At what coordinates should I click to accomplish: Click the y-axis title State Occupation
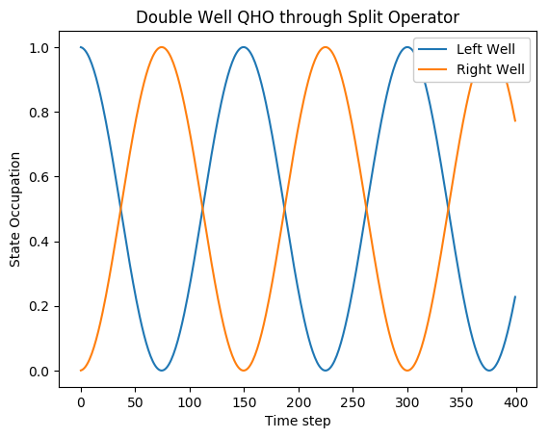(x=14, y=208)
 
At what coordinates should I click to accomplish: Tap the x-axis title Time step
(x=299, y=421)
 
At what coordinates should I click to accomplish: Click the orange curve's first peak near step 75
(x=162, y=47)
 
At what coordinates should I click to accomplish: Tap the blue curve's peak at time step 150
(x=245, y=47)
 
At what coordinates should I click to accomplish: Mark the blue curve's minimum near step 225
(x=326, y=371)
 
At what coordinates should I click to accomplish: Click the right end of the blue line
(x=515, y=296)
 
